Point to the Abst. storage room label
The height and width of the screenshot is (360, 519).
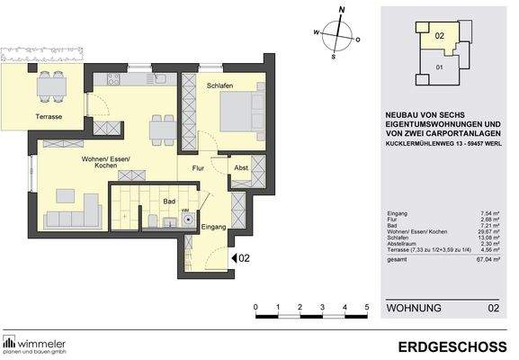[x=240, y=167]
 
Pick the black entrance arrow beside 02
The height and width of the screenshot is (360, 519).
[x=234, y=259]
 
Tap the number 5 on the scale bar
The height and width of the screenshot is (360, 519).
[x=367, y=308]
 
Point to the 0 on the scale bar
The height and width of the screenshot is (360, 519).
[x=256, y=308]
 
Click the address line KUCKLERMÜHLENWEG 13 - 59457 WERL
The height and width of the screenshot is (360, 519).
[x=442, y=142]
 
